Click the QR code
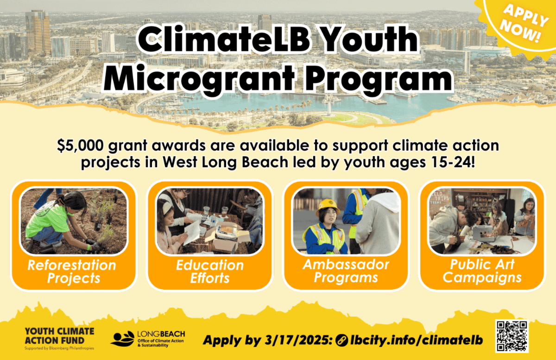[512, 336]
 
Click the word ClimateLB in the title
[224, 40]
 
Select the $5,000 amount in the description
[80, 145]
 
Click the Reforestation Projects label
[72, 272]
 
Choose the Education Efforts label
[210, 272]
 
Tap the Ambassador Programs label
[346, 271]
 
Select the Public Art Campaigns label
[482, 271]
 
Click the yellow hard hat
[328, 207]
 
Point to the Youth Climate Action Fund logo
[59, 338]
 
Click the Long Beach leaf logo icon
[123, 339]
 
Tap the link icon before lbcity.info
[341, 341]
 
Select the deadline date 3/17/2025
[298, 341]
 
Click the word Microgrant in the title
[199, 78]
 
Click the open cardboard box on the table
[223, 236]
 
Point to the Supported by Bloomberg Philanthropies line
[59, 348]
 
